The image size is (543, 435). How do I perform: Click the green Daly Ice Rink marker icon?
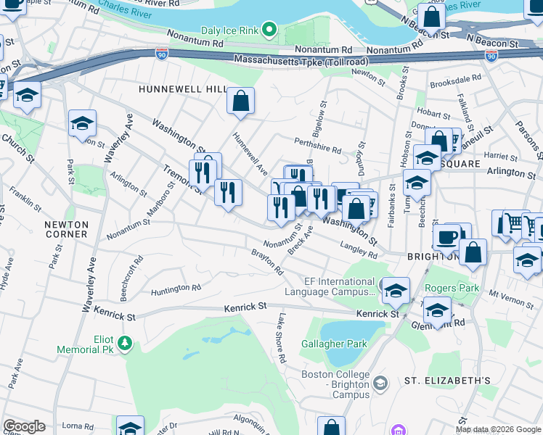click(x=269, y=30)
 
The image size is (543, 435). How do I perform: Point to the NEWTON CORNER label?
click(x=66, y=229)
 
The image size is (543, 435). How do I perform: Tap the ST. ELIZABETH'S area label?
click(x=447, y=381)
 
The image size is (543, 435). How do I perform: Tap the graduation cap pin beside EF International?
click(x=396, y=291)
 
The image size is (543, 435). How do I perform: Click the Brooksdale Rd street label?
click(x=455, y=80)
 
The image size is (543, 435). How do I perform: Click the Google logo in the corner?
click(x=24, y=426)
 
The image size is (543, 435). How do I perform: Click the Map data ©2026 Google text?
click(x=498, y=429)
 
